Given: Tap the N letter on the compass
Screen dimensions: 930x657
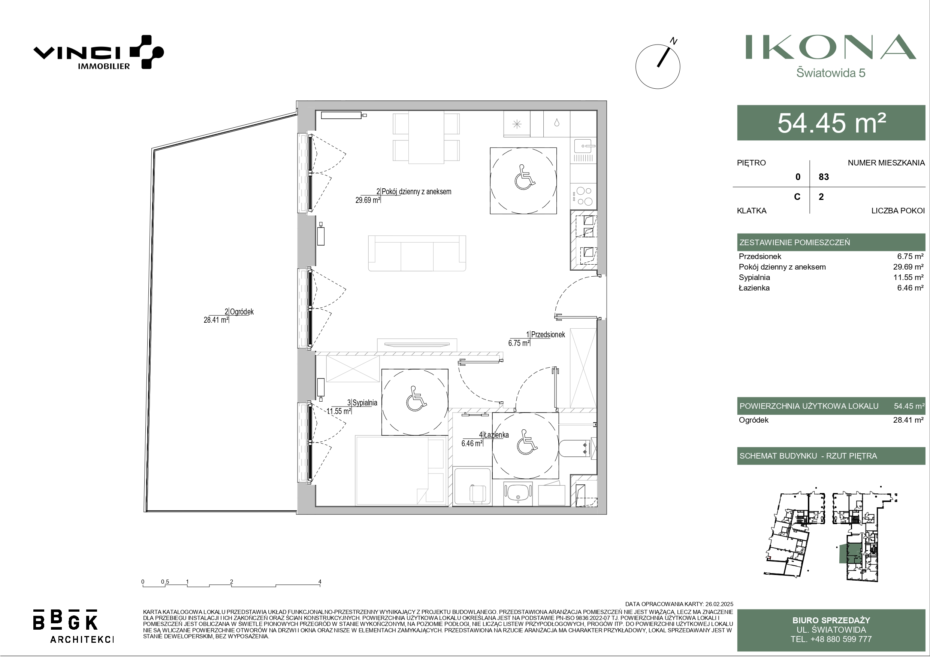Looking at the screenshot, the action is click(674, 41).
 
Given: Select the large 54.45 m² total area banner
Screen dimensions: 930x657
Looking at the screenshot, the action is click(831, 123).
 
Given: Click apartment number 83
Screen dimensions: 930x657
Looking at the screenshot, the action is click(824, 177).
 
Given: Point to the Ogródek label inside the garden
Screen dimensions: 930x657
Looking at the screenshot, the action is click(242, 312).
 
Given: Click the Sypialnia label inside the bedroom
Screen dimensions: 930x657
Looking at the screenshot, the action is click(365, 403).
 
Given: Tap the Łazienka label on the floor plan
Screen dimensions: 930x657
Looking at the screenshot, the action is click(496, 435).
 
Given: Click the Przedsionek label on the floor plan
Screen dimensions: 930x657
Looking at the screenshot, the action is click(548, 335).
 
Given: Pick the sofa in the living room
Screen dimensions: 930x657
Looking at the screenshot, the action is click(417, 253).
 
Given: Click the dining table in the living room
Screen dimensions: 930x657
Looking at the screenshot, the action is click(426, 137).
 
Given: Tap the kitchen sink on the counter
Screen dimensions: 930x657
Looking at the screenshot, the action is click(583, 145).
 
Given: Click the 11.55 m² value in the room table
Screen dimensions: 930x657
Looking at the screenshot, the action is click(909, 277).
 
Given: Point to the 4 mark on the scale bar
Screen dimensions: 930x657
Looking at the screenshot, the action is click(320, 582).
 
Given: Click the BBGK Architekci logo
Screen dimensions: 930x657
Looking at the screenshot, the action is click(73, 626).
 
